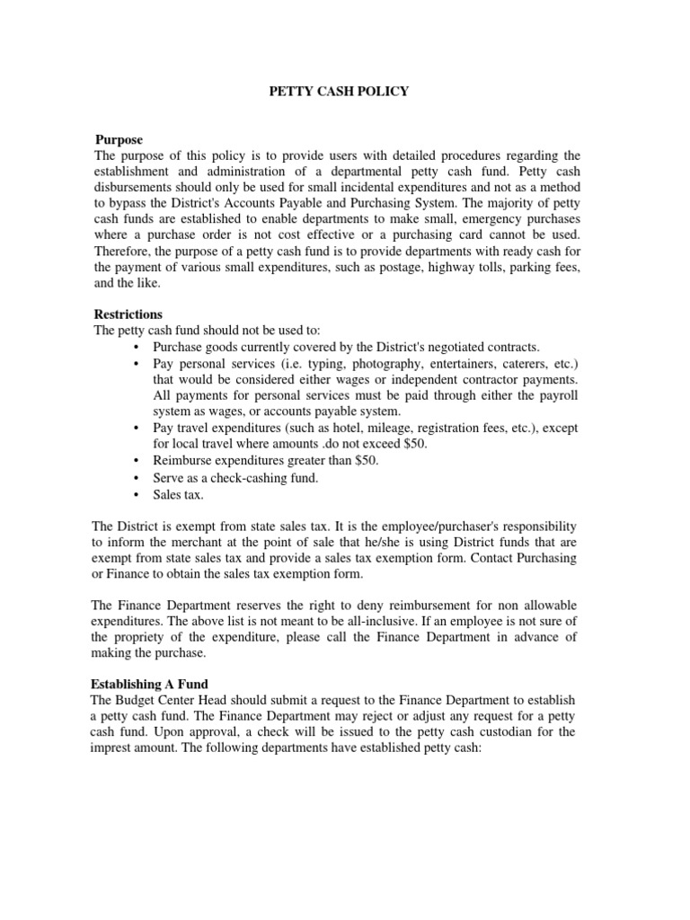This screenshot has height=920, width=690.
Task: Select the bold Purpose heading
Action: [x=119, y=140]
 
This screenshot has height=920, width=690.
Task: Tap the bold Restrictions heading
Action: [x=128, y=314]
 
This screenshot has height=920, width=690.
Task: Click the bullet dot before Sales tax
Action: [x=135, y=493]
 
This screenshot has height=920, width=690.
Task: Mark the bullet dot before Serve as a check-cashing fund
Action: [x=135, y=477]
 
